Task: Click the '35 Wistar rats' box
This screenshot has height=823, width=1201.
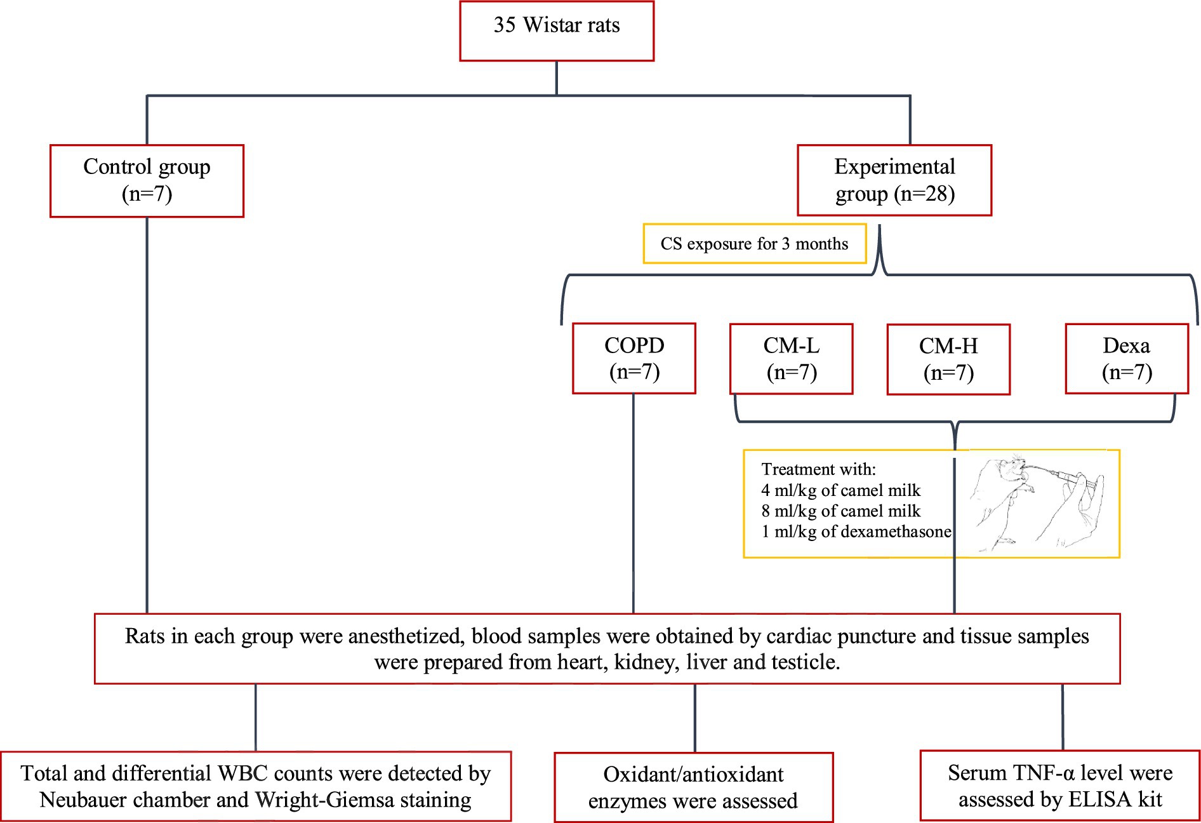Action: pos(557,31)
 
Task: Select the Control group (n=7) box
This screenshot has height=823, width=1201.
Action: pos(147,181)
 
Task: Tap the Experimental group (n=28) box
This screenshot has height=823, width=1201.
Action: pos(894,180)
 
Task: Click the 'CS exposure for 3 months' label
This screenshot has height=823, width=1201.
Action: pos(754,244)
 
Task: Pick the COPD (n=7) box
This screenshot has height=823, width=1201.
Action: pos(634,359)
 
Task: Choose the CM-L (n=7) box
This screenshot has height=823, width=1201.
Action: pos(791,359)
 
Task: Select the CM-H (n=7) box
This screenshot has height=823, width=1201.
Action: pos(948,359)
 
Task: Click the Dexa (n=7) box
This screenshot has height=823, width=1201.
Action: pos(1127,359)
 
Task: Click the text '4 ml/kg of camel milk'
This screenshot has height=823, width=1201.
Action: pos(841,490)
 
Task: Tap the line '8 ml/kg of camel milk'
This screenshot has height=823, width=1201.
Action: pos(841,511)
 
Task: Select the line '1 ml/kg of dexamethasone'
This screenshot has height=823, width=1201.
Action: pos(856,532)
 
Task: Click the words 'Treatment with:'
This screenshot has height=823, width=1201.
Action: pos(819,469)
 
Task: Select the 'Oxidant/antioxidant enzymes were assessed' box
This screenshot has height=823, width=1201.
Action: pos(694,787)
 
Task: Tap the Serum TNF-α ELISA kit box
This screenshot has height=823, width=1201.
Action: pos(1060,786)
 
